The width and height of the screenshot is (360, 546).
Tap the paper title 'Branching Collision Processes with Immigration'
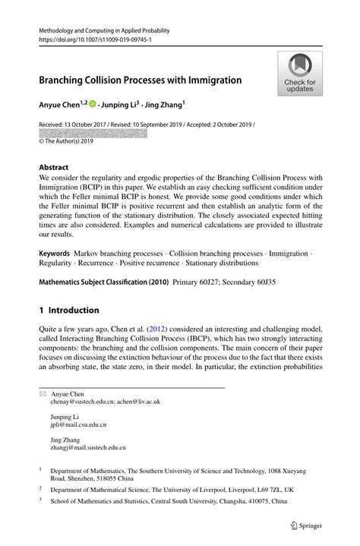click(140, 80)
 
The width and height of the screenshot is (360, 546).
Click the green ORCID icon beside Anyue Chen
click(93, 105)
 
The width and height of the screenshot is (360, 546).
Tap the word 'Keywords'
click(55, 252)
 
